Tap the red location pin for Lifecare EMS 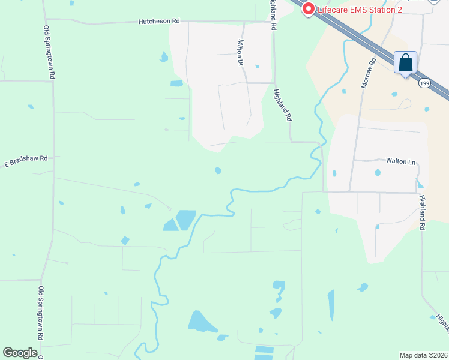click(309, 9)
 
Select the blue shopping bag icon click(405, 62)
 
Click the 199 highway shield click(425, 82)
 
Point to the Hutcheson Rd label click(159, 21)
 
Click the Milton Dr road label click(241, 53)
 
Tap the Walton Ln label click(400, 161)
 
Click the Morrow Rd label click(368, 73)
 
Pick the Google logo click(20, 352)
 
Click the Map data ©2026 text click(423, 355)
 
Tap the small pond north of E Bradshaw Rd click(31, 107)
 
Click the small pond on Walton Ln click(378, 173)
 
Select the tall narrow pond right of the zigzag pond click(331, 305)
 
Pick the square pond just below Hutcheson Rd click(176, 83)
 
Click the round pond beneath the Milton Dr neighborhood click(218, 171)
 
